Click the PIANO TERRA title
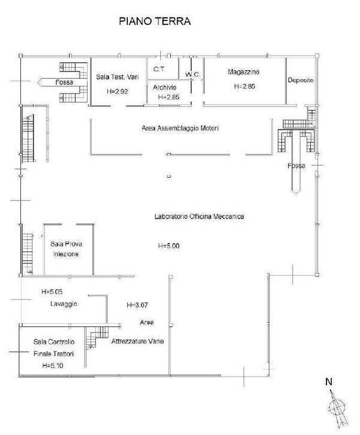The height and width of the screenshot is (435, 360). tap(155, 22)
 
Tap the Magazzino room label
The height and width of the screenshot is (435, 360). tap(244, 72)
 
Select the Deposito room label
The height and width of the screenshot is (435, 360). tap(301, 80)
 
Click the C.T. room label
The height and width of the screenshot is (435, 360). tap(159, 69)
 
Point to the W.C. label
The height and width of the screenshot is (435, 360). tap(193, 74)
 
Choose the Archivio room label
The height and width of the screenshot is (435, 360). tap(164, 88)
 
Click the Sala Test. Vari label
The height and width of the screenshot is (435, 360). tap(118, 77)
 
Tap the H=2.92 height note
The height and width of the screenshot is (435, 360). tap(118, 91)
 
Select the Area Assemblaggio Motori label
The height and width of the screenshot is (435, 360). tap(180, 128)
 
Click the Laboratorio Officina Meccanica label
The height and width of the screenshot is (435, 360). tap(199, 217)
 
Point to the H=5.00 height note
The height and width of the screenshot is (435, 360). tap(169, 246)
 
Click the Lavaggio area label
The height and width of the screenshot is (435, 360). tap(64, 304)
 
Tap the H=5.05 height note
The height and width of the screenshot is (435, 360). tap(52, 292)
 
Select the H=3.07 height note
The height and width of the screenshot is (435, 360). tap(137, 305)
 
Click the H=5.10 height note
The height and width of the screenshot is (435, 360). tap(53, 365)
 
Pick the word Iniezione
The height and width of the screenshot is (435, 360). tap(66, 254)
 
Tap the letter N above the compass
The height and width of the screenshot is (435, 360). tap(329, 382)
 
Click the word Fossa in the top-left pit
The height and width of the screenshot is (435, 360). tap(64, 82)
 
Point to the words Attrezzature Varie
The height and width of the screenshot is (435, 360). tap(137, 341)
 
